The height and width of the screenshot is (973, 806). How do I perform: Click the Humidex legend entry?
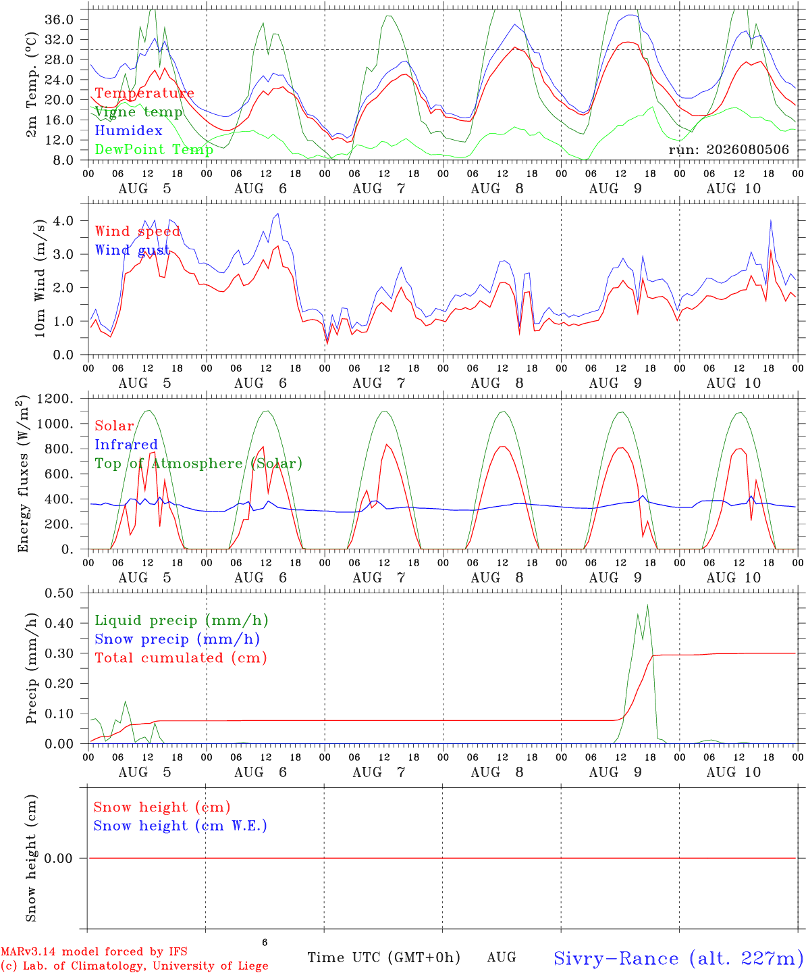[x=128, y=130]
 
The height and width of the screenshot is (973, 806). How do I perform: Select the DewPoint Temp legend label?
[x=154, y=149]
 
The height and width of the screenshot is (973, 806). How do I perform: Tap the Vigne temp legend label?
[x=139, y=112]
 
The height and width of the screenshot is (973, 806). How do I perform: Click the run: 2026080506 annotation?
[x=728, y=149]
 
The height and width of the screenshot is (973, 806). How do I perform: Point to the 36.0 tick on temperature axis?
[x=59, y=20]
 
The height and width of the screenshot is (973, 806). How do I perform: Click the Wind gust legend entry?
[x=132, y=250]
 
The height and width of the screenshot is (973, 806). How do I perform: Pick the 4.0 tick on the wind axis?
[x=63, y=221]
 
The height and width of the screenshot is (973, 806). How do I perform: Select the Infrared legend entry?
[x=126, y=445]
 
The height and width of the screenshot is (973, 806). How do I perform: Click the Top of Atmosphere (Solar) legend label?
[x=199, y=464]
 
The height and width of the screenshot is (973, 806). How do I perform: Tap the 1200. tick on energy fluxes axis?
[x=55, y=399]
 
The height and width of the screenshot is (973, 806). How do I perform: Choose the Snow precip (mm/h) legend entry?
[x=178, y=639]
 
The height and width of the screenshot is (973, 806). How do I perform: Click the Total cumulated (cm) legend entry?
[x=181, y=657]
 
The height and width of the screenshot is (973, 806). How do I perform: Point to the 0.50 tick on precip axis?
[x=59, y=593]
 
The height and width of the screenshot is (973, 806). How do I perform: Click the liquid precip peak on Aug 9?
[x=647, y=605]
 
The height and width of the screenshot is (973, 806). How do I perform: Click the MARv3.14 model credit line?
[x=94, y=951]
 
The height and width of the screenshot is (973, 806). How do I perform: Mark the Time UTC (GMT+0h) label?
[x=383, y=957]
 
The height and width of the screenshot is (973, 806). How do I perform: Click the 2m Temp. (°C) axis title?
[x=31, y=85]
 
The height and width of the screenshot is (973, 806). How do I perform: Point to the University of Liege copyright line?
[x=134, y=966]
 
